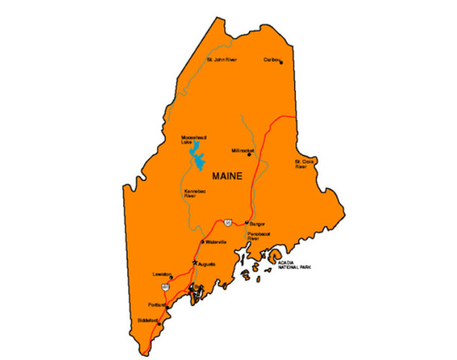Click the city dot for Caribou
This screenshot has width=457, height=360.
point(281,62)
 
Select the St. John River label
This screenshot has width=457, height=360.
point(222,59)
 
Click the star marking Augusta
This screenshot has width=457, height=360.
point(194,262)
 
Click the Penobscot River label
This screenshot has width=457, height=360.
point(258,236)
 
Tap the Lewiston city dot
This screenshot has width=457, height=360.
point(171,278)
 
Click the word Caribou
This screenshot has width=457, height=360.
point(271,58)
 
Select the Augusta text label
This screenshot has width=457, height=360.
point(206,265)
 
